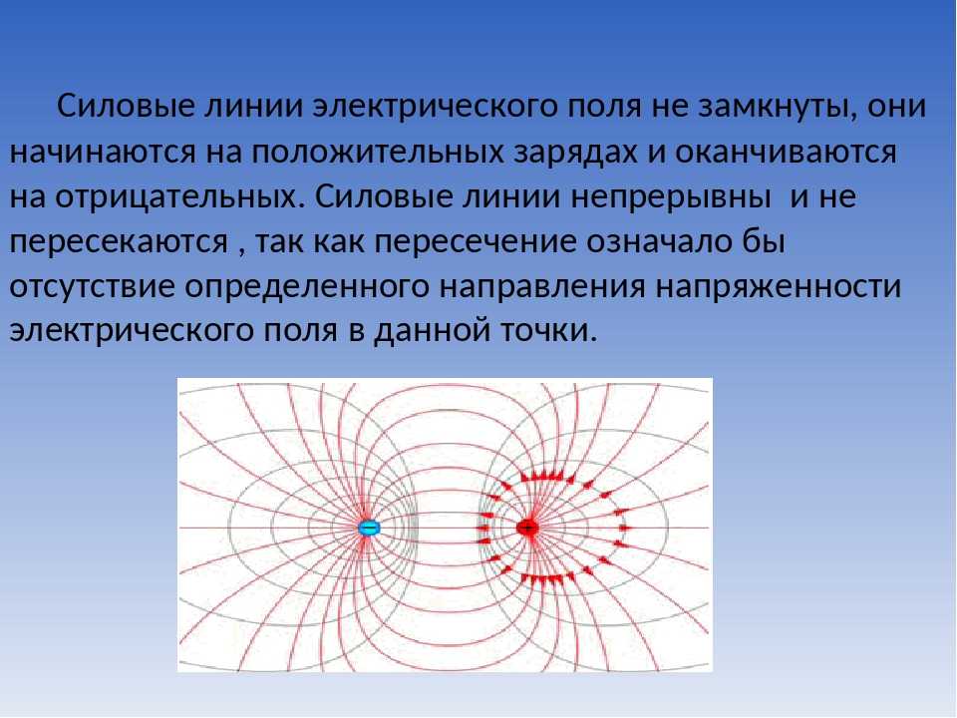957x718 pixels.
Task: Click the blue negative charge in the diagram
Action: tap(369, 528)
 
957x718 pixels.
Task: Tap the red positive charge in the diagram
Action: tap(527, 527)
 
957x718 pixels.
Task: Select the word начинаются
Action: tap(103, 152)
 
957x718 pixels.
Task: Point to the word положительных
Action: tap(377, 152)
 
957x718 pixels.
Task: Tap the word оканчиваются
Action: tap(786, 152)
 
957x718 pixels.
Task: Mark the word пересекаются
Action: tap(119, 242)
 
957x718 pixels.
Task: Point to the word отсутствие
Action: tap(92, 287)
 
